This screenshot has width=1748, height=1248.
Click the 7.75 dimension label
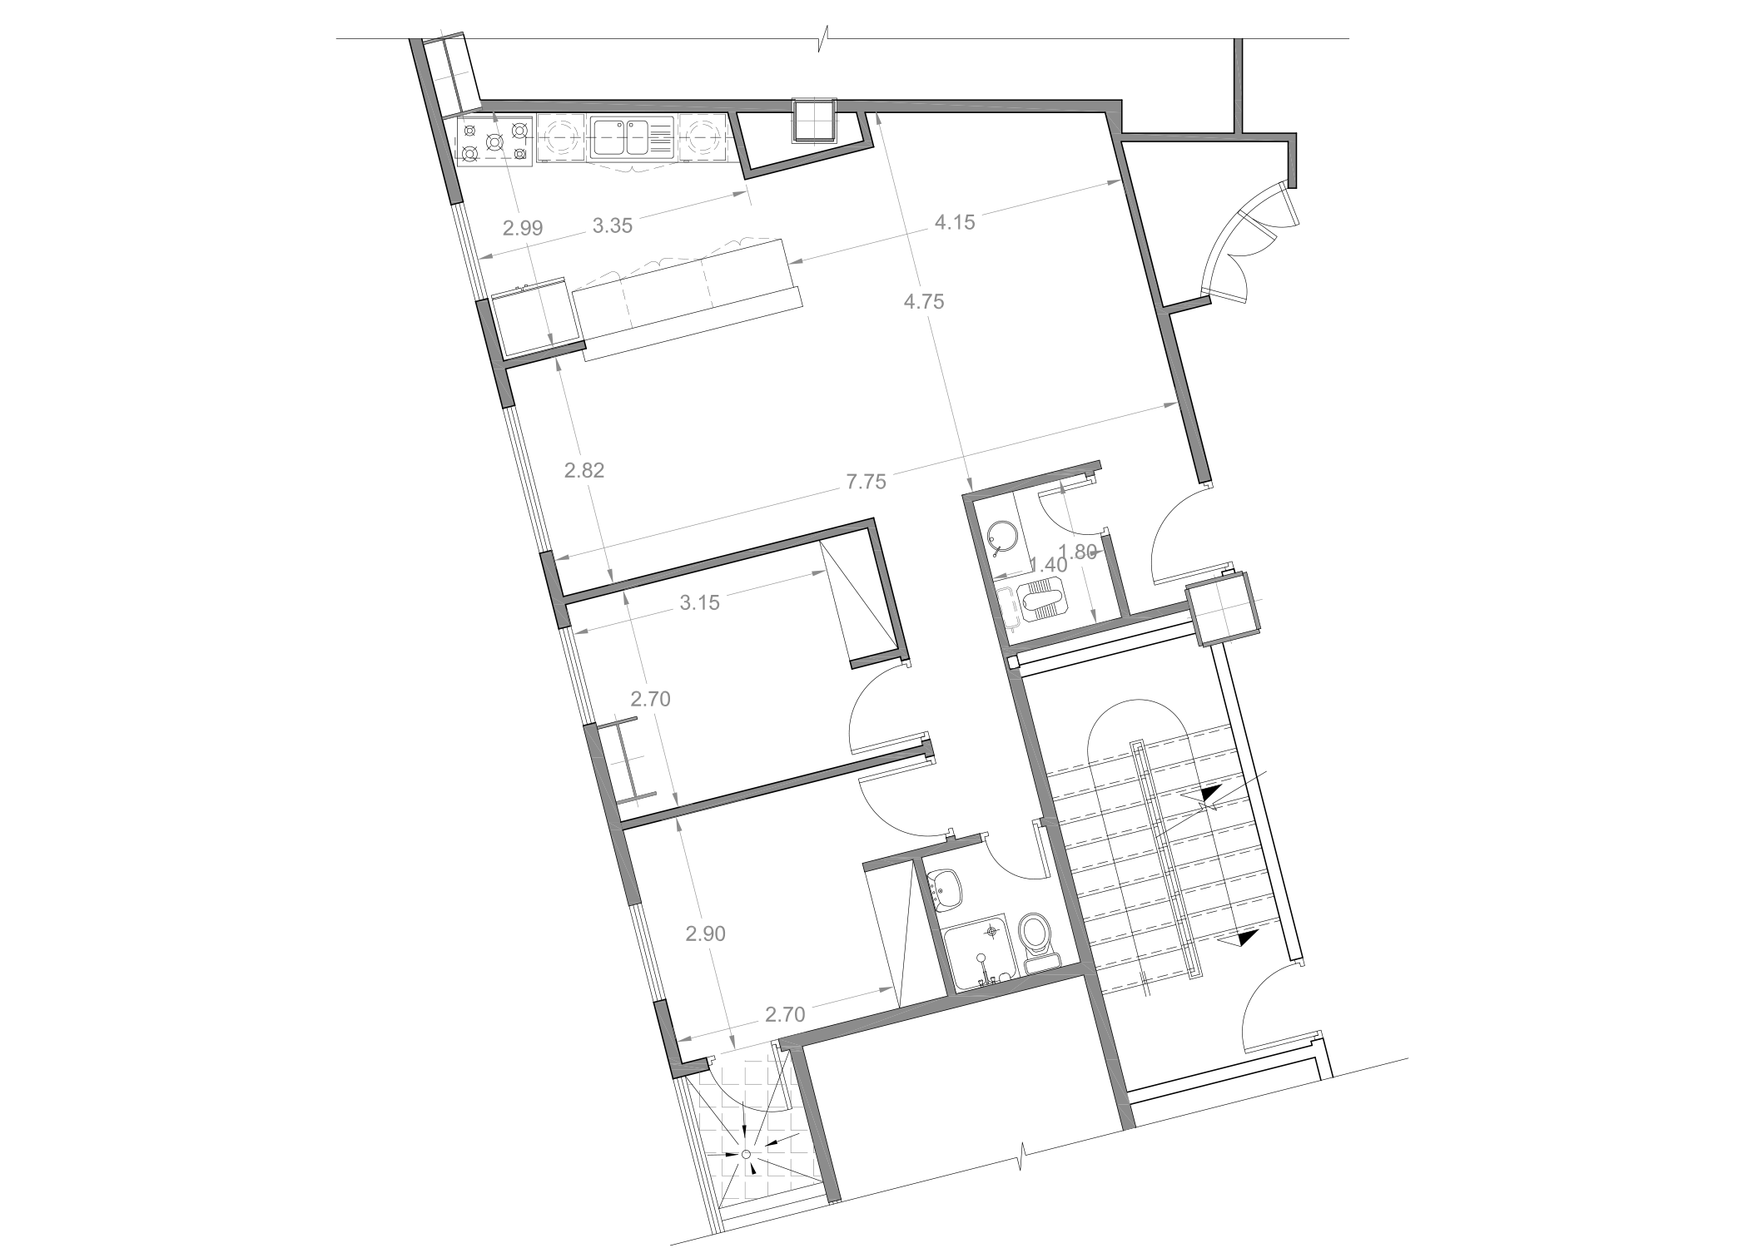coord(867,482)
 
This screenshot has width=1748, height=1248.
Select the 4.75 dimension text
coord(924,302)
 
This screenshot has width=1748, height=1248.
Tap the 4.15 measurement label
coord(955,223)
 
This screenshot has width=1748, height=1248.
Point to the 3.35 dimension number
coord(613,225)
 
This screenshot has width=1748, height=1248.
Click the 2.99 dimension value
coord(523,228)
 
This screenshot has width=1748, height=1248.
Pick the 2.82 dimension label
coord(584,471)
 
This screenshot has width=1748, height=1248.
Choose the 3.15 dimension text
coord(699,603)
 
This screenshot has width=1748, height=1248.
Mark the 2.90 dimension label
coord(706,934)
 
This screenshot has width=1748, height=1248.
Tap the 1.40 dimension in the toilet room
coord(1048,565)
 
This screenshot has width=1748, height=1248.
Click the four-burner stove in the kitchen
coord(496,141)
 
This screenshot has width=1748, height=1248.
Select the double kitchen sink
coord(632,137)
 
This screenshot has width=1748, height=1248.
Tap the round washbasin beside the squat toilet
coord(1005,537)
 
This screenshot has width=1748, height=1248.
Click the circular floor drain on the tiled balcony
coord(746,1154)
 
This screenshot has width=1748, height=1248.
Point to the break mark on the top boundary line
coord(825,37)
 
